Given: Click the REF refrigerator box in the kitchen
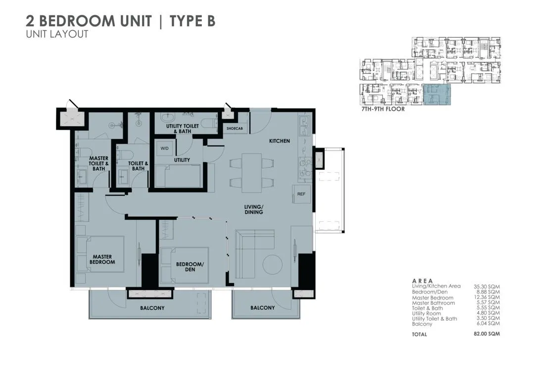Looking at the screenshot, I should [300, 194].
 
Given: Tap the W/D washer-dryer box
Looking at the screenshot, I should [163, 147].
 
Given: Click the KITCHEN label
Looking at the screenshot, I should [279, 141].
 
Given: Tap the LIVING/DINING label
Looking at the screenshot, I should [253, 209].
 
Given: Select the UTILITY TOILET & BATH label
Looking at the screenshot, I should [182, 129].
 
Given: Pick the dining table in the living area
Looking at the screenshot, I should [251, 173].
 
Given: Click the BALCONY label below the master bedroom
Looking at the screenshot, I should [152, 308].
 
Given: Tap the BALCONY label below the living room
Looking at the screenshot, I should [262, 308].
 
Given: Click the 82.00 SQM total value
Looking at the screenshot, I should [486, 334].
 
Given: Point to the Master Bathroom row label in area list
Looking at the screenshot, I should [433, 303].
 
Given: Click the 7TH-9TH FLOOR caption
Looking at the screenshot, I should [383, 110].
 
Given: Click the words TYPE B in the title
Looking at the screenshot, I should [193, 21].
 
